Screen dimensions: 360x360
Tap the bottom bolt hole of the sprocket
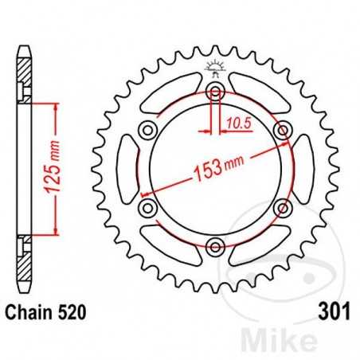pyautogui.click(x=213, y=245)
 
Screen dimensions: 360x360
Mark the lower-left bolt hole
pyautogui.click(x=147, y=207)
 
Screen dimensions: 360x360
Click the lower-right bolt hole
pyautogui.click(x=280, y=207)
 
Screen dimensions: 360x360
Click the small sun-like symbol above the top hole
pyautogui.click(x=213, y=67)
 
